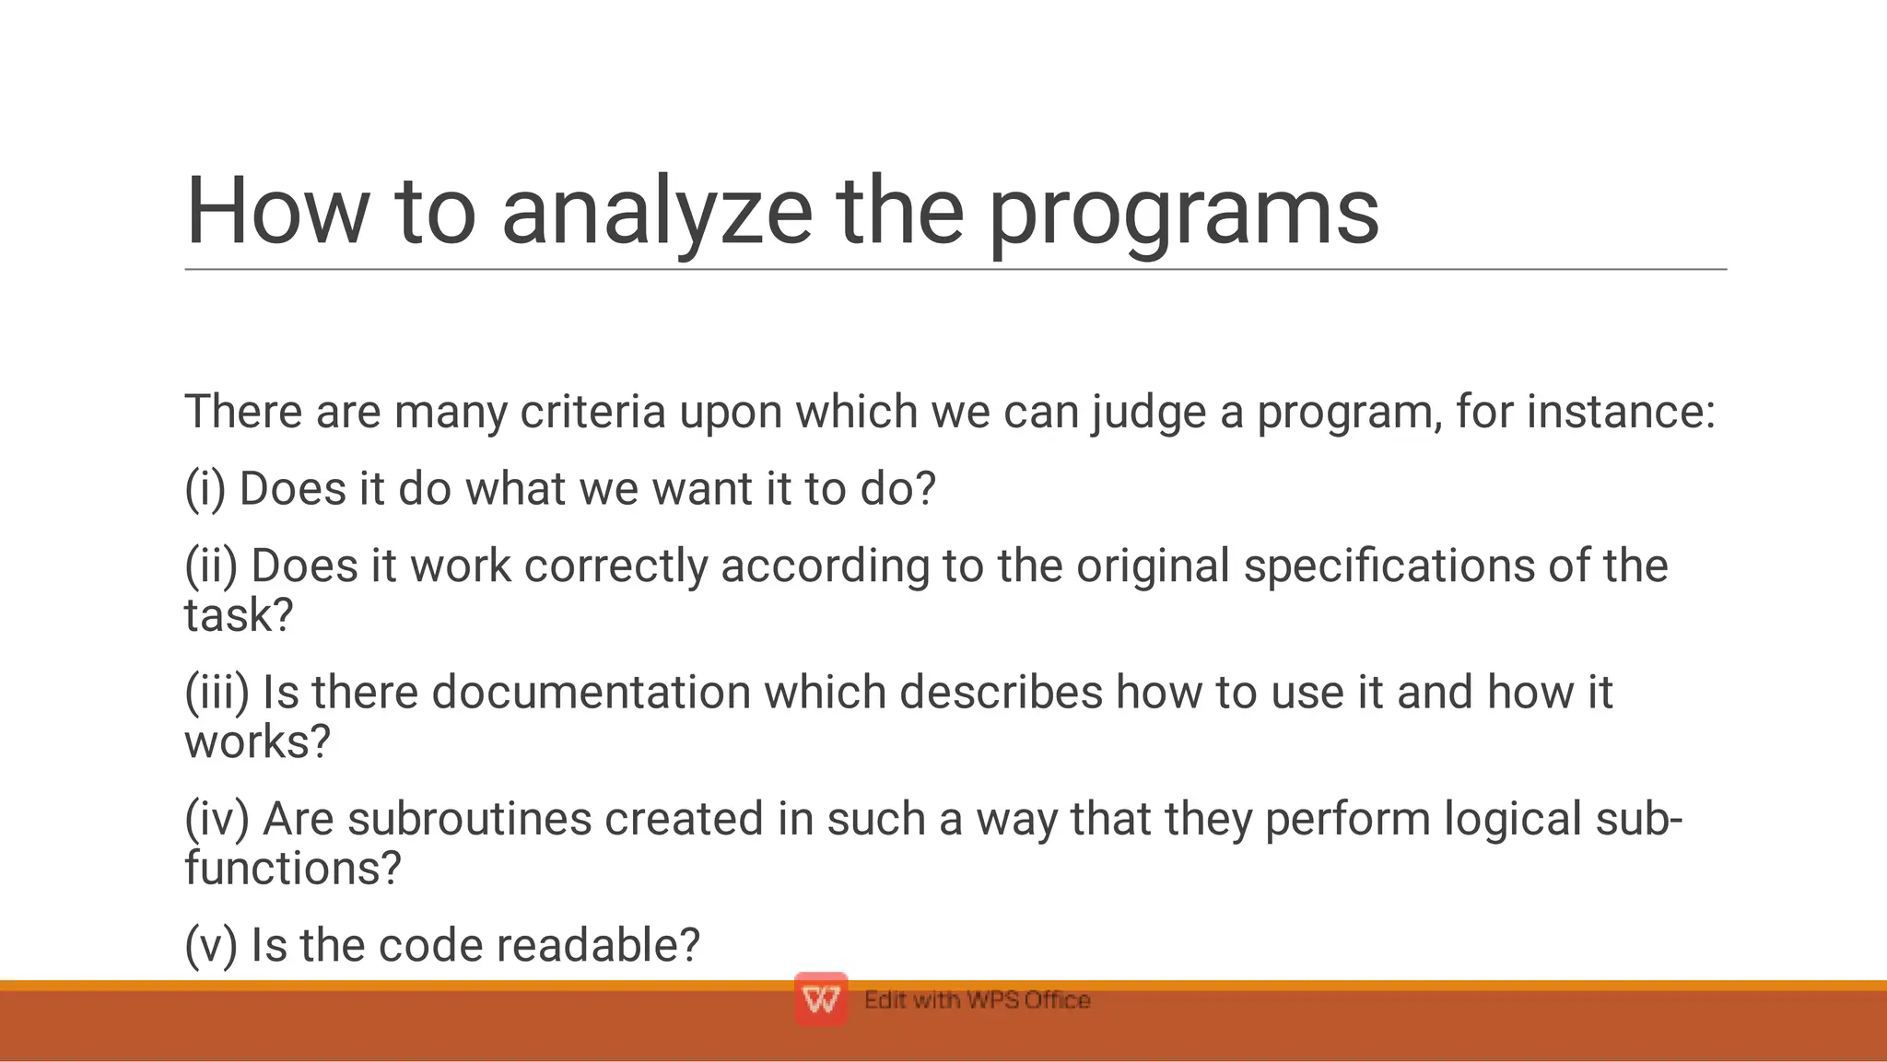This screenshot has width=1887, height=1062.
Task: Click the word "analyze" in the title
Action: [656, 214]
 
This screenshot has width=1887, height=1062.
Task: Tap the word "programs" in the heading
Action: [1183, 214]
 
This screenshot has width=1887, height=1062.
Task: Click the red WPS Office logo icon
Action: [820, 999]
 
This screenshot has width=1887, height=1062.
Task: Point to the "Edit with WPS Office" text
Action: [977, 1000]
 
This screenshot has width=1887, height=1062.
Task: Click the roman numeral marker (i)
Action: [205, 488]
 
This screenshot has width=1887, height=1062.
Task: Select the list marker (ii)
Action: [211, 566]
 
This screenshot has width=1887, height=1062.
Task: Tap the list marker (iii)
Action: [217, 692]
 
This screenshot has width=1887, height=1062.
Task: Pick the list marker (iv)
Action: [217, 819]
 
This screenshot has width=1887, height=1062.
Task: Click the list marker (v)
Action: [211, 945]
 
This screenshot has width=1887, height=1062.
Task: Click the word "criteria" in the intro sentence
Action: [592, 412]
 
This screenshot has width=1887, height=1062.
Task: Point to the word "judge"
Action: [1149, 412]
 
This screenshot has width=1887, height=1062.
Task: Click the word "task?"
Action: [239, 615]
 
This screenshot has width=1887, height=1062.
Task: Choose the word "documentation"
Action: [591, 692]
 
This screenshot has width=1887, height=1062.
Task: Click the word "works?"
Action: [257, 741]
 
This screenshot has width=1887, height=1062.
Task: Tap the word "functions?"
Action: [293, 869]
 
